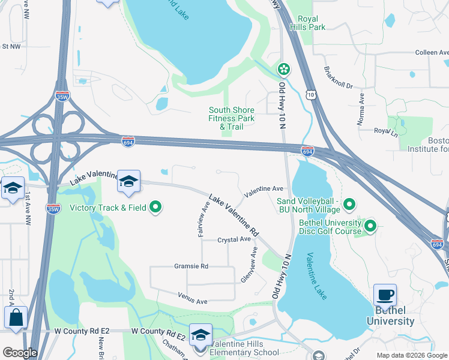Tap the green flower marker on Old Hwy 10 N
click(x=283, y=70)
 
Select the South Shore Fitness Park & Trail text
click(x=232, y=118)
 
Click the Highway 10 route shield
click(x=310, y=94)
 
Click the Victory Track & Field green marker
click(x=156, y=208)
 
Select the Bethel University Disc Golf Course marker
click(x=370, y=226)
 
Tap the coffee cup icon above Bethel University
click(x=385, y=295)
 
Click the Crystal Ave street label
click(x=234, y=239)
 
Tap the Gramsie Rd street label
click(x=191, y=266)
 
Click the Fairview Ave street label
click(x=204, y=219)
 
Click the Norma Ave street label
click(x=361, y=109)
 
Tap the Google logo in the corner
click(x=20, y=353)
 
